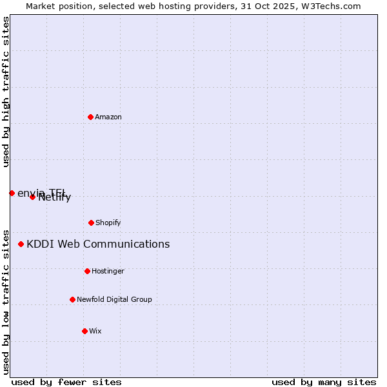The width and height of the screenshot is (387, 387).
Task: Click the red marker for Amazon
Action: (90, 117)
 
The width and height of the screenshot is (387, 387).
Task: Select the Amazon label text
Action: (108, 117)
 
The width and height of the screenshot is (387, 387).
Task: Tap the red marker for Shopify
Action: (91, 223)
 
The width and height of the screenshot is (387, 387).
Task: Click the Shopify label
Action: (108, 223)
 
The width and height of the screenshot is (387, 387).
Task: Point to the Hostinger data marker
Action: (87, 271)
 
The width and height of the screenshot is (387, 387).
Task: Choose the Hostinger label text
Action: (108, 272)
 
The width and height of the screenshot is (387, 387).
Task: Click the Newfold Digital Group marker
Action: (72, 299)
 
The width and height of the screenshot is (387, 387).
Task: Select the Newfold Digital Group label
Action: (115, 300)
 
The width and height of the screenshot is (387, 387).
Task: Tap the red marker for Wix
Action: (84, 331)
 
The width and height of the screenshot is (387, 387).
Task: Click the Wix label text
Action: (95, 332)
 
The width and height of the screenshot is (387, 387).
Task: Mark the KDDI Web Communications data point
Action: (21, 244)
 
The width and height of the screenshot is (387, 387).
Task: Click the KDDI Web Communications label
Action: (98, 244)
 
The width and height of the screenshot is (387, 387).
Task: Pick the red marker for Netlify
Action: (32, 197)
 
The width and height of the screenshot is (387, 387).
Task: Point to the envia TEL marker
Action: (12, 193)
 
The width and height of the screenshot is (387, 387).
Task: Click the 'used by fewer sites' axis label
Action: (66, 382)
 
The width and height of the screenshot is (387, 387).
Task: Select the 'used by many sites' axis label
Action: (324, 382)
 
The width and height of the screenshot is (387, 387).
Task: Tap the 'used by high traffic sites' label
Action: (6, 92)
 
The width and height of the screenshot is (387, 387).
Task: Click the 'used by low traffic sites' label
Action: (6, 301)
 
